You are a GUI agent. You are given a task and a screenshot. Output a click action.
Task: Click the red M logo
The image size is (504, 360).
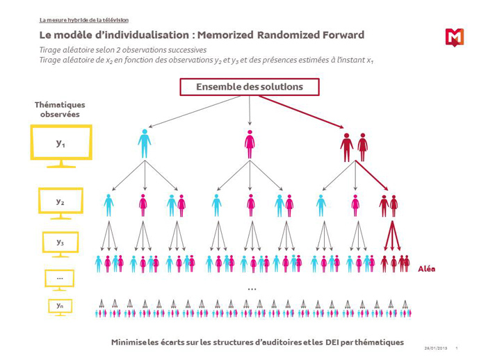coord(455,38)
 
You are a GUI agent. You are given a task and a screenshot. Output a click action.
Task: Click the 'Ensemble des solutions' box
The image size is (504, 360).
coord(250,87)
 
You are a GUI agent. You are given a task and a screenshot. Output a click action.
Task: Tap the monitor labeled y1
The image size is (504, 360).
coord(61,146)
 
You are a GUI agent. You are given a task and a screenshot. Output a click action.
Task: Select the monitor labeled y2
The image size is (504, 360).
coord(60,204)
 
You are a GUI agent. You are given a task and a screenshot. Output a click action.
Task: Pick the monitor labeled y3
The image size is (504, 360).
coord(60,245)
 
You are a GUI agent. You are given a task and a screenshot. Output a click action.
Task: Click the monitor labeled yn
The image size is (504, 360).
coord(60,307)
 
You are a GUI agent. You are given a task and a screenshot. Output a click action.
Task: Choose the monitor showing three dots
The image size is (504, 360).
coord(60,280)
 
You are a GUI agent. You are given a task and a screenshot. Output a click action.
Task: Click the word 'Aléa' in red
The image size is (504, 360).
coord(427,269)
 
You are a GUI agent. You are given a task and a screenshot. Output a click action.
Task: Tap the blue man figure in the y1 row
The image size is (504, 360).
coord(145,144)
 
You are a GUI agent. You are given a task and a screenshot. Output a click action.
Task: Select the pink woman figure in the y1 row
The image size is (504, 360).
coord(250,144)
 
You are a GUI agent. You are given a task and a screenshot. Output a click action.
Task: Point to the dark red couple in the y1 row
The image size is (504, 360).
coord(354,147)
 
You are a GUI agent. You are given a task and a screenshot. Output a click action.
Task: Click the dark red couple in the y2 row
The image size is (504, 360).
coord(389,206)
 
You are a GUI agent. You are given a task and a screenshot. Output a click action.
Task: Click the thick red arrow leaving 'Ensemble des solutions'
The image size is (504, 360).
coord(302,112)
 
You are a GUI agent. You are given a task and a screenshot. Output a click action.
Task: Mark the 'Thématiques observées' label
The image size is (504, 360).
coord(60,110)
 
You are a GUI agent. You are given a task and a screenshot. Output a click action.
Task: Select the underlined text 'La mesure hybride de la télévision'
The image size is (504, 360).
coord(84,20)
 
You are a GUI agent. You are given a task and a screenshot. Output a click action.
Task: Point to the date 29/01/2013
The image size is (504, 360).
coord(436,348)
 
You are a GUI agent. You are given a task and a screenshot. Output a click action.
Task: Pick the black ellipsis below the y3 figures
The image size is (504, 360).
coord(252,289)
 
